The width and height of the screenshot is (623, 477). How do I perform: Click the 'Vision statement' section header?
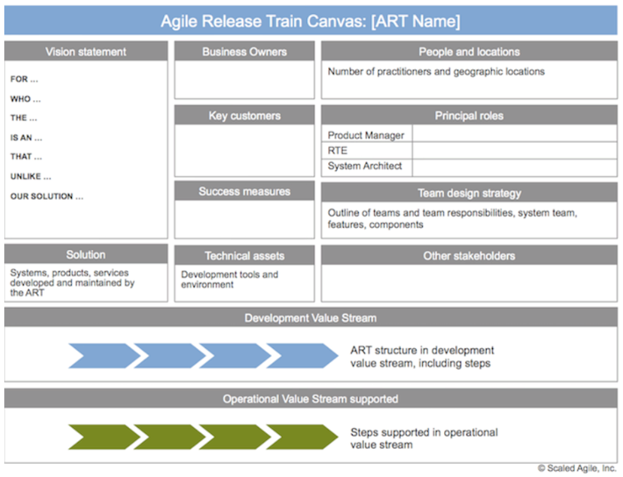[x=86, y=52]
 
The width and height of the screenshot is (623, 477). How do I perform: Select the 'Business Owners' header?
[x=244, y=52]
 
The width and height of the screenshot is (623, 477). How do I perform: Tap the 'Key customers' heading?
[x=244, y=116]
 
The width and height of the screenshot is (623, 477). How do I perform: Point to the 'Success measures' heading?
[x=244, y=191]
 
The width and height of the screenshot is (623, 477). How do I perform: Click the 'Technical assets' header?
[x=244, y=256]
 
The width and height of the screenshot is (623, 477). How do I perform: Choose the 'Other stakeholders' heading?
[x=469, y=256]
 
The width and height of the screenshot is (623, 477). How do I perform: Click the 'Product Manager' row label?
[x=366, y=135]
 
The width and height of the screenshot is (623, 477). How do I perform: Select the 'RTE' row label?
[x=337, y=151]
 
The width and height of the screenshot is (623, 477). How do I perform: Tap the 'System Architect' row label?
[x=364, y=166]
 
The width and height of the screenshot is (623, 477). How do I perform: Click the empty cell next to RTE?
[x=514, y=151]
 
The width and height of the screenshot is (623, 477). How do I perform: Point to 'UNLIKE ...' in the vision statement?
[x=31, y=176]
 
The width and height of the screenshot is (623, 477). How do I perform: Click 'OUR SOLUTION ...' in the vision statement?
[x=47, y=196]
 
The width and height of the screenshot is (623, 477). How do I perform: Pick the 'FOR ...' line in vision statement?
[x=24, y=79]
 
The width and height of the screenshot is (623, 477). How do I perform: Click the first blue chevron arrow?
[x=104, y=356]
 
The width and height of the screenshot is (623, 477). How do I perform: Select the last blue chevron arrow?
[x=302, y=356]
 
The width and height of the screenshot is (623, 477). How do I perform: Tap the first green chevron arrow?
[x=104, y=437]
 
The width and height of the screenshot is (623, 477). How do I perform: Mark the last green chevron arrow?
[x=302, y=437]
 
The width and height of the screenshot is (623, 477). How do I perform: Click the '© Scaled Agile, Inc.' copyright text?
[x=576, y=468]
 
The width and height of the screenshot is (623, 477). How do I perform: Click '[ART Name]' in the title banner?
[x=416, y=21]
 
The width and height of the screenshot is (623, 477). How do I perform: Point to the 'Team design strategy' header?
[x=469, y=193]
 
